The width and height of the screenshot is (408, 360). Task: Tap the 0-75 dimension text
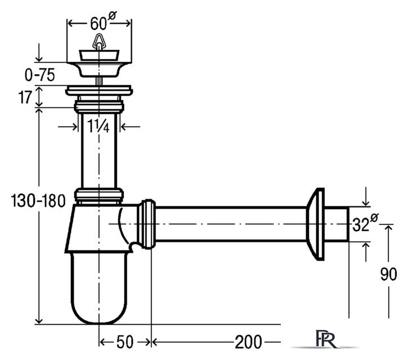pos(39,76)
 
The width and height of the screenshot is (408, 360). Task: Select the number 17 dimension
pos(24,97)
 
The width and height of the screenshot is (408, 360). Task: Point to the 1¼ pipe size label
pos(98,126)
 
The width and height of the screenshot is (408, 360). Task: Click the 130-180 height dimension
pos(38,201)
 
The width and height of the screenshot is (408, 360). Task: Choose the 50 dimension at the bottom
pos(125,342)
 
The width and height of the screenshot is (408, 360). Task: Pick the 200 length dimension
pos(248,342)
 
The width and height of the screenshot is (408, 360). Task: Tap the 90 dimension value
pos(388,274)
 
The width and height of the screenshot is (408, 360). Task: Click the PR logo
pos(325,339)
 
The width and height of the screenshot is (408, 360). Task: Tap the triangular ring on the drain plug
pos(99,42)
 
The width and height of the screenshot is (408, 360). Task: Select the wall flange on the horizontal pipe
pos(315,224)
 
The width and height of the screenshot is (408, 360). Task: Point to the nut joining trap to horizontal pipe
pos(146,224)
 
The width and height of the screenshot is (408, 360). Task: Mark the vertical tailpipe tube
pos(99,150)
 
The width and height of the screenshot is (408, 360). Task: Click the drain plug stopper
pos(99,56)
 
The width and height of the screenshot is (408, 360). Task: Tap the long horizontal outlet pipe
pos(231,224)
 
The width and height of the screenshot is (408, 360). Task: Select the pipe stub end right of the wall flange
pos(336,224)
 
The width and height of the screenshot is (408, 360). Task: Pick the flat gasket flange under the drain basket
pos(99,90)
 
